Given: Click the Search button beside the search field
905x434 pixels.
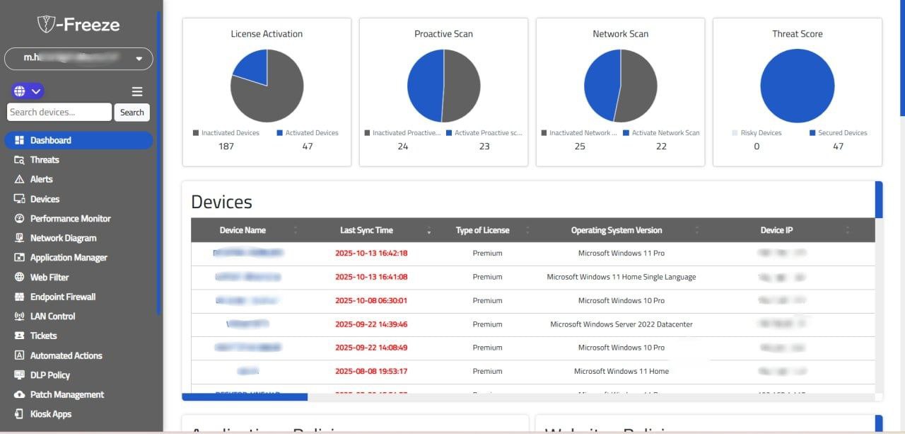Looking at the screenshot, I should click(132, 112).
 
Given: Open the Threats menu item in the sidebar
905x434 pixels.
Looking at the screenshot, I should click(45, 160).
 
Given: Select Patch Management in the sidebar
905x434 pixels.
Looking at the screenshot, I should click(66, 394).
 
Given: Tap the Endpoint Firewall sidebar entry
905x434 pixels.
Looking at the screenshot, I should click(62, 297).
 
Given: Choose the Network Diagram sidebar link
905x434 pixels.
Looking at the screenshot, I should click(63, 238).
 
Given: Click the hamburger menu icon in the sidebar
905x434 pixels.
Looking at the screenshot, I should click(137, 91).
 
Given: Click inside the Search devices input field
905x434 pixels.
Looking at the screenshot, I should click(59, 112).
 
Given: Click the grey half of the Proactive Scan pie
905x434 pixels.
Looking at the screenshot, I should click(462, 85).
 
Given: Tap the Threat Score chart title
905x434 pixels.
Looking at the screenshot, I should click(797, 34).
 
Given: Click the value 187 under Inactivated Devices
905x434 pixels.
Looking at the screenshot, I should click(226, 147).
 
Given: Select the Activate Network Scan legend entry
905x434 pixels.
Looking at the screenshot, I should click(665, 133).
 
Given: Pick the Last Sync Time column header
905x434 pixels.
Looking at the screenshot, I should click(366, 230).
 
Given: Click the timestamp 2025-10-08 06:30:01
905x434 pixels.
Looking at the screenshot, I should click(371, 300).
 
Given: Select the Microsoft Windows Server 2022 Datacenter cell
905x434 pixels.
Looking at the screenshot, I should click(621, 324).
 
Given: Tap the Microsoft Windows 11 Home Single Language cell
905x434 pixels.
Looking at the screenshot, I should click(621, 277).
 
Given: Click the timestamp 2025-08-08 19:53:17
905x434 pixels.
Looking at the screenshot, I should click(371, 371).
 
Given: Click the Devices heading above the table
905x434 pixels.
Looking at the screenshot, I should click(221, 202).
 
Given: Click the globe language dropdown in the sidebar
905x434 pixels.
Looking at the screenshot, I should click(28, 91).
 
